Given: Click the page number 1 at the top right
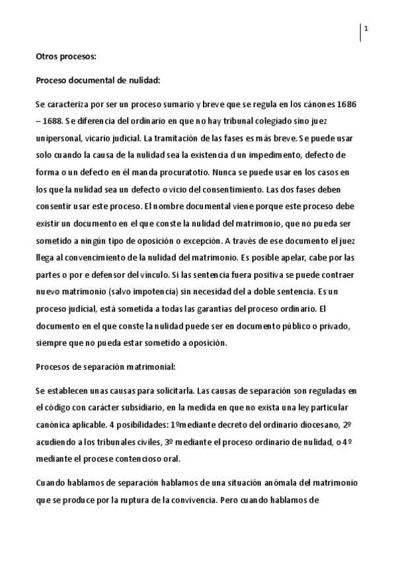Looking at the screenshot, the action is coord(366,27).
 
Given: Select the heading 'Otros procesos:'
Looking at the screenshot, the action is coord(65,57).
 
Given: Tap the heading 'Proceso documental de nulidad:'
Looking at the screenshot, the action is coord(98,81).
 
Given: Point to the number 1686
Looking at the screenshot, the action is coord(349,105).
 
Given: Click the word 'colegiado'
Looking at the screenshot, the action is coord(281,122).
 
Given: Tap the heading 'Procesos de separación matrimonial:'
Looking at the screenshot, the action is coord(104,365).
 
